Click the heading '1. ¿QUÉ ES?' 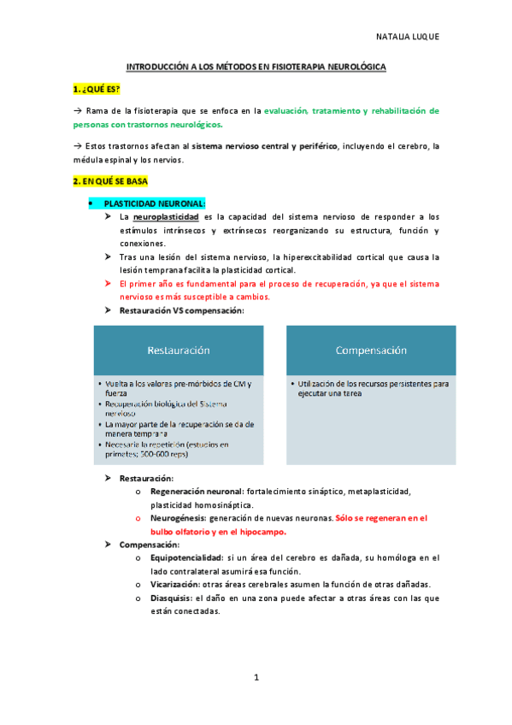point(96,89)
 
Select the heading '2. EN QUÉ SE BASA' point(109,181)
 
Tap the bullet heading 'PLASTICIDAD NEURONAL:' point(155,203)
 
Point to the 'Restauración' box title point(179,350)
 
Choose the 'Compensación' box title point(371,350)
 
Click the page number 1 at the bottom point(256,677)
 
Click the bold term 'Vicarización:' point(174,584)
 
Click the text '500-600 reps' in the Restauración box point(147,455)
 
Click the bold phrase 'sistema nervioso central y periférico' point(265,146)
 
